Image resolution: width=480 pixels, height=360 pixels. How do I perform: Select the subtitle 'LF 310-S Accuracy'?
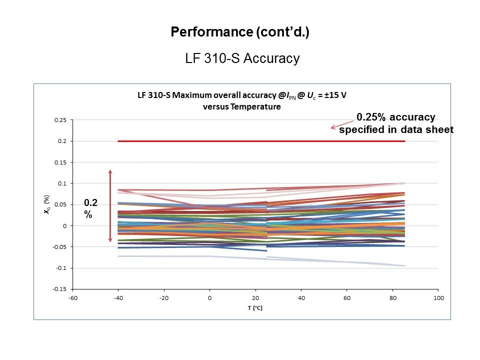point(242,58)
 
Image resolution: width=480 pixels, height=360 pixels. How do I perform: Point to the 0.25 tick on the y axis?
point(60,120)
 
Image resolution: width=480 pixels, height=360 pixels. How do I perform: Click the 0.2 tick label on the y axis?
point(62,141)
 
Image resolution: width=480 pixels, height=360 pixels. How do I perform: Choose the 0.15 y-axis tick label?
point(60,162)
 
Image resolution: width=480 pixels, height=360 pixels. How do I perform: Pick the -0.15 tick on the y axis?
point(59,289)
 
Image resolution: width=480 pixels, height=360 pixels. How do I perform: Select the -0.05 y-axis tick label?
point(59,247)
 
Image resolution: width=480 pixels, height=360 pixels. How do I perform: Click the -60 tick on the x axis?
point(72,298)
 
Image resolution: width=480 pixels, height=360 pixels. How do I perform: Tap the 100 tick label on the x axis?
point(438,298)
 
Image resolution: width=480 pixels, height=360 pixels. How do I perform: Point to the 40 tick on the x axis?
point(301,298)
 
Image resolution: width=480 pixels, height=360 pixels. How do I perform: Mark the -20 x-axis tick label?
point(163,298)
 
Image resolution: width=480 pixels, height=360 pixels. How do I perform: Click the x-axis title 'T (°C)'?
point(254,308)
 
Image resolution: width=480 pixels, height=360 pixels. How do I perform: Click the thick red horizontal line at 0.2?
point(260,141)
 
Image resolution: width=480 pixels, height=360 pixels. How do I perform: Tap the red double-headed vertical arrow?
point(110,205)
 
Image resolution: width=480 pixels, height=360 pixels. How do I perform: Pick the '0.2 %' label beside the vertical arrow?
point(90,207)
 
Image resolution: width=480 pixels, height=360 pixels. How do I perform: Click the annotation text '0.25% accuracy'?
point(395,117)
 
